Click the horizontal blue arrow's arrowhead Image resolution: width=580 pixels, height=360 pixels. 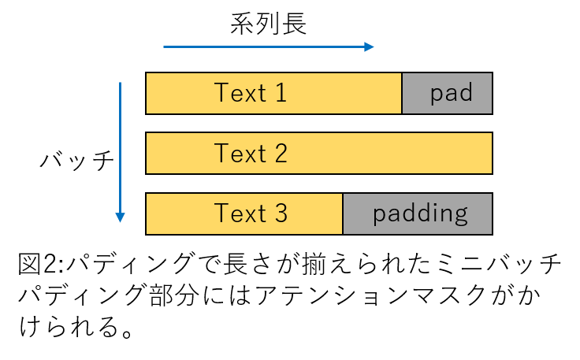coord(370,47)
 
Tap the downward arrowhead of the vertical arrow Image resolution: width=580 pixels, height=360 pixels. coord(121,217)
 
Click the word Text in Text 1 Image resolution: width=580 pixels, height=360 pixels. coord(240,94)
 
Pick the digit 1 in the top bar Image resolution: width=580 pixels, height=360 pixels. coord(280,94)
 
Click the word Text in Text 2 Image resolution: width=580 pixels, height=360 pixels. coord(240,154)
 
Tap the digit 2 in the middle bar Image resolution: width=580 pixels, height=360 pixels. coord(281,154)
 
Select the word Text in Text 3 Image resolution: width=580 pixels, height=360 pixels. coord(240,213)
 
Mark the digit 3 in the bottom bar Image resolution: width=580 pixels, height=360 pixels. coord(281,213)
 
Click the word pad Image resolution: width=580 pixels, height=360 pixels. coord(452,94)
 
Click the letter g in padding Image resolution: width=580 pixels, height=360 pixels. coord(460,216)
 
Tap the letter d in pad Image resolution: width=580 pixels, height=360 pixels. coord(466,93)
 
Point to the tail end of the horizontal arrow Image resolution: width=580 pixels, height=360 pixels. coord(165,47)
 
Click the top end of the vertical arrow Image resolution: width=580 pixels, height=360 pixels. coord(121,83)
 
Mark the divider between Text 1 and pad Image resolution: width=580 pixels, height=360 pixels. coord(402,94)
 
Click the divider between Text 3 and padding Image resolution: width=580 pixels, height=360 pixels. coord(343,213)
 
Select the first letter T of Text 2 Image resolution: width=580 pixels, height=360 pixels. coord(221,154)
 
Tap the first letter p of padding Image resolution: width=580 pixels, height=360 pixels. coord(380,215)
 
